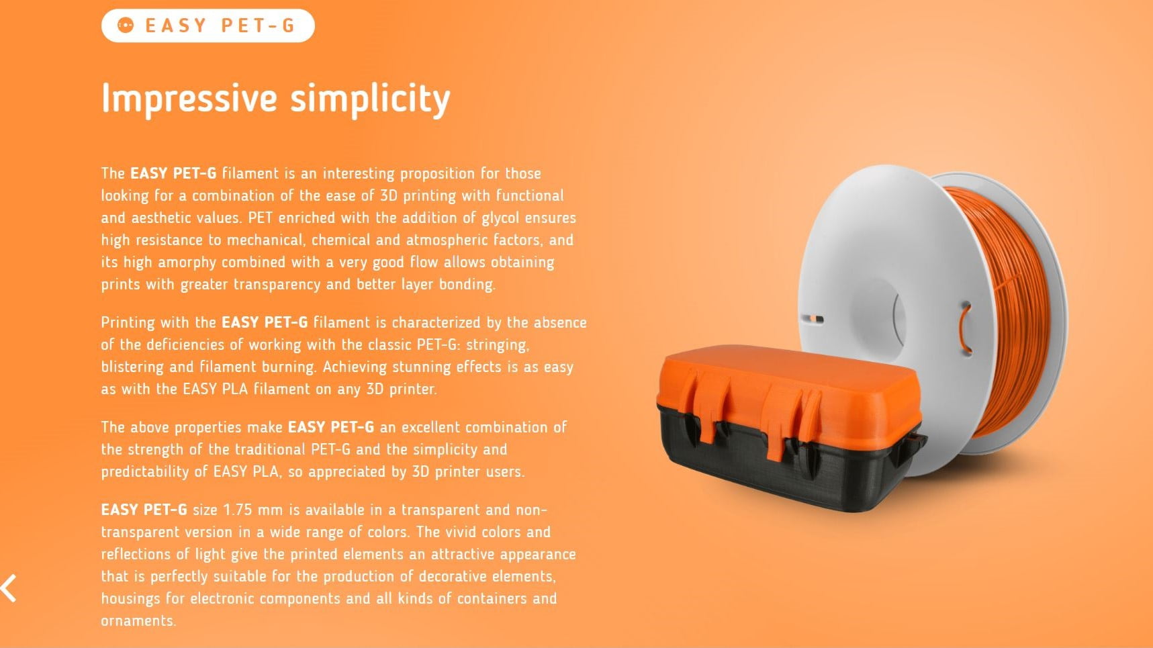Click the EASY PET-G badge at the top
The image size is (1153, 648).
tap(208, 26)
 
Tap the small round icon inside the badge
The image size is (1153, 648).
tap(126, 26)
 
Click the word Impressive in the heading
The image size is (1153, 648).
tap(189, 98)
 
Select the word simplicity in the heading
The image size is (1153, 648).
tap(370, 99)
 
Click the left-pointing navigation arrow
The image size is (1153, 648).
tap(9, 588)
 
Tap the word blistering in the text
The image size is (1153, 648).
tap(132, 367)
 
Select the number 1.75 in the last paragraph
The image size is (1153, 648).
tap(237, 510)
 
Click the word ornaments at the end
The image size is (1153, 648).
tap(138, 621)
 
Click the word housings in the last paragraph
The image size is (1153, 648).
tap(130, 599)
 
